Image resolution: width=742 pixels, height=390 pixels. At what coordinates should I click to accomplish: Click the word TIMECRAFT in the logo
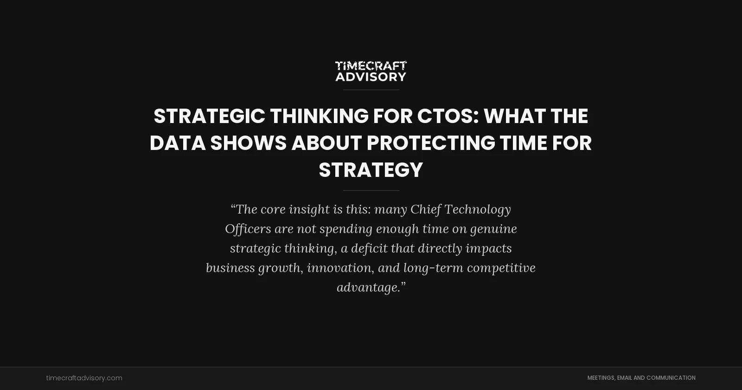371,66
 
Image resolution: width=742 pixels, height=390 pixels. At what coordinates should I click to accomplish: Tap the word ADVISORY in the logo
371,77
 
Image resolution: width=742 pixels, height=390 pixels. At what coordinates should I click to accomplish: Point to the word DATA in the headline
178,143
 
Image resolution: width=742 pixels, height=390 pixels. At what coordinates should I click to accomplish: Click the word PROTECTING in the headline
431,143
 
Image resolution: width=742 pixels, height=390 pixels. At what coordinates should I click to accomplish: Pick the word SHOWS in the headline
249,143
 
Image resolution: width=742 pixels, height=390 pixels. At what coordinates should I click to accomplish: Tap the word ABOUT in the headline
326,143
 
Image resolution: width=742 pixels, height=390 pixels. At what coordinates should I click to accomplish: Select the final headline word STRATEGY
371,170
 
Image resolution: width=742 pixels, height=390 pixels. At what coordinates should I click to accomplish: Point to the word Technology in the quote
478,209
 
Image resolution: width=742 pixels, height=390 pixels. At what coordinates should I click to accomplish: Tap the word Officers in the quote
248,229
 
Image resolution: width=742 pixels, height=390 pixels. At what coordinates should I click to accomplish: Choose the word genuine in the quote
493,229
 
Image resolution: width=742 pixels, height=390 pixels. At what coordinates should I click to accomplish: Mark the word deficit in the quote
369,248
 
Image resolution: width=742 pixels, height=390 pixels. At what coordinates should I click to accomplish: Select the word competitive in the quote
501,268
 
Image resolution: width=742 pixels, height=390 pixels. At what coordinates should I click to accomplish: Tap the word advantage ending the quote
368,287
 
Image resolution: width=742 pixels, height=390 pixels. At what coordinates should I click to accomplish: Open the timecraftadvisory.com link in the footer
84,378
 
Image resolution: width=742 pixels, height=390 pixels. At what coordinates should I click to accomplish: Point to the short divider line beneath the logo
371,90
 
